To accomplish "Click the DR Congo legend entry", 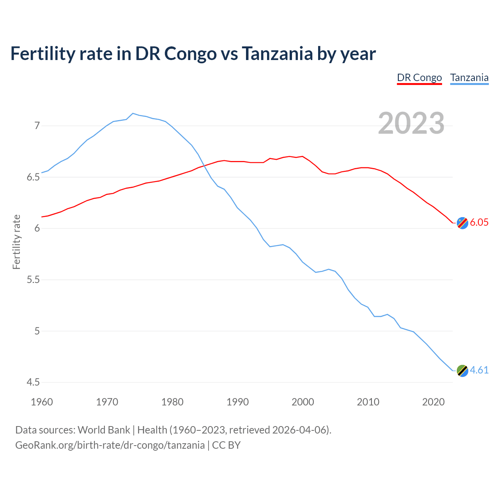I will point(419,78).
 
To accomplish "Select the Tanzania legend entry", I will point(469,78).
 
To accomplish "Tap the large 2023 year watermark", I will point(411,123).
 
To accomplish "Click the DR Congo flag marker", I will point(462,223).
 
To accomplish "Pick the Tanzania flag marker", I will point(462,371).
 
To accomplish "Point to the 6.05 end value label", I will point(479,223).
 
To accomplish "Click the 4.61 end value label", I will point(479,370).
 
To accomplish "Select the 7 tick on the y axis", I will point(37,126).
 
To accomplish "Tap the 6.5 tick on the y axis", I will point(33,177).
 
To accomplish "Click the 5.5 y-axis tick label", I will point(33,280).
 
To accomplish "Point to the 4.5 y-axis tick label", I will point(33,382).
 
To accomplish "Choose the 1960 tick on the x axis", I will point(42,402).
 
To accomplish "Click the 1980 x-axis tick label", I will point(172,402).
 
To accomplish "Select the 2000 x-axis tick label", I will point(303,402).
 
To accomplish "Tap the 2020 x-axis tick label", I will point(433,402).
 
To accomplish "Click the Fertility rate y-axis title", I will point(16,242).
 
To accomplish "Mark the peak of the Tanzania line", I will point(133,113).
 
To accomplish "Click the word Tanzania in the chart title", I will point(277,53).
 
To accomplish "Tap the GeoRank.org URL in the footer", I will point(110,445).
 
